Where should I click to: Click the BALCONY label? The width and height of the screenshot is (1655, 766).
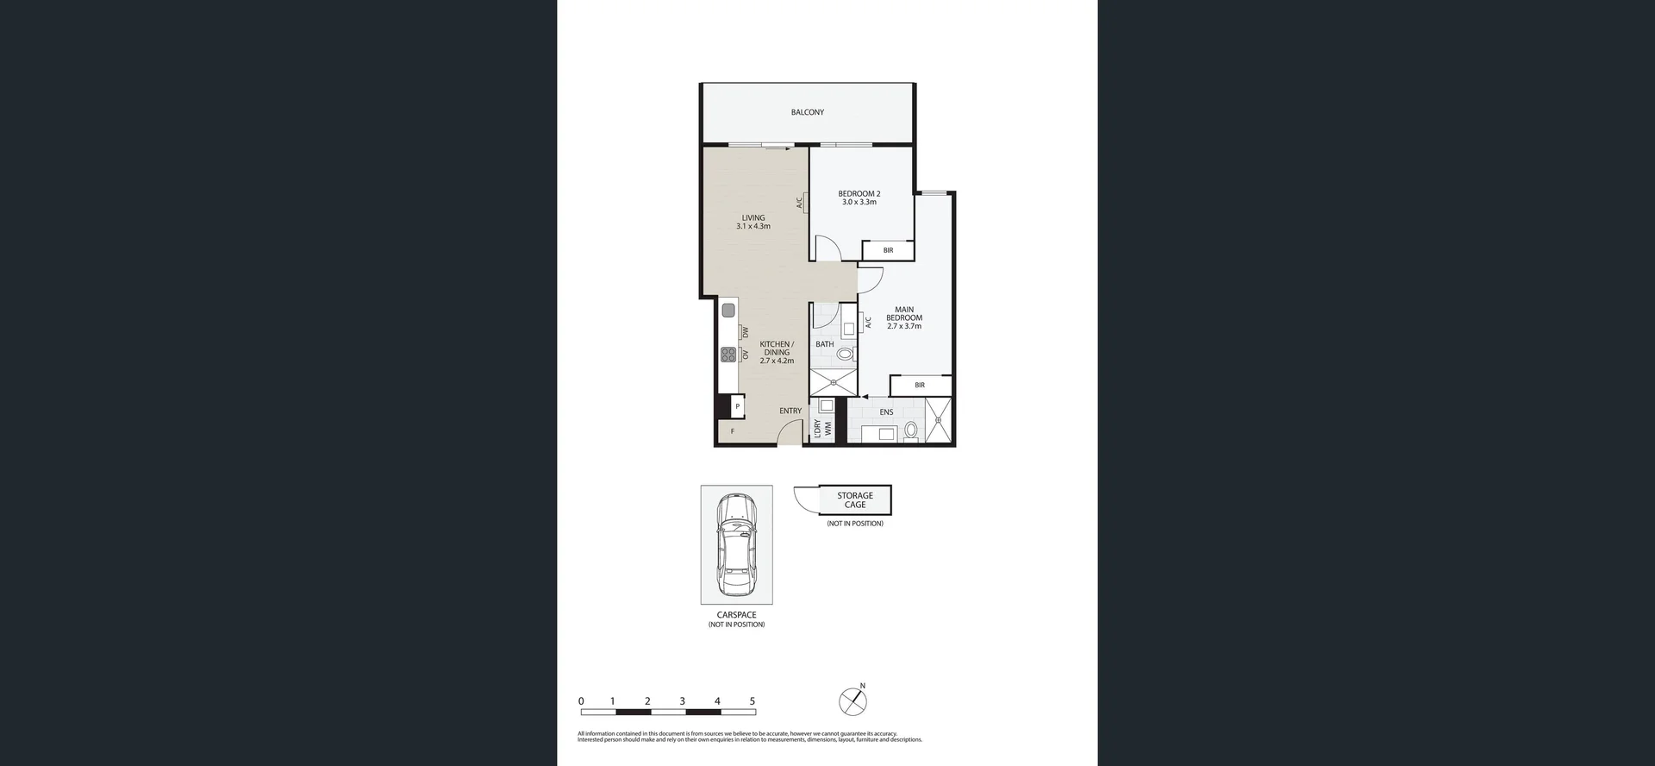807,112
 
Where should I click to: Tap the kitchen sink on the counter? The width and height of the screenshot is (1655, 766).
728,310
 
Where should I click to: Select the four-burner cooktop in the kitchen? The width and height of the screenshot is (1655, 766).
728,354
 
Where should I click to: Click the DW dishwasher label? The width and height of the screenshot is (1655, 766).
746,332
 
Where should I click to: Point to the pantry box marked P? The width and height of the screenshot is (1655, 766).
737,405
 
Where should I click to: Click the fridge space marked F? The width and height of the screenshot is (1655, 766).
732,431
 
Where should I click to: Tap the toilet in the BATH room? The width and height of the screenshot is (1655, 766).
845,354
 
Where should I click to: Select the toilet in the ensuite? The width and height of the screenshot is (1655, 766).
911,429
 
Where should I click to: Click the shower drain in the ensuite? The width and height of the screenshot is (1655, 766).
939,420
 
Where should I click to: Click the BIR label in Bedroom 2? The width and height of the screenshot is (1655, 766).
888,250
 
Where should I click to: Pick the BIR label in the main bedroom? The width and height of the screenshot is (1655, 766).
920,385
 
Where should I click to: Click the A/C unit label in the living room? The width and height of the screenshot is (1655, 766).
800,203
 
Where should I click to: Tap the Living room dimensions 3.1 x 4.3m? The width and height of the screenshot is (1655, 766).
753,226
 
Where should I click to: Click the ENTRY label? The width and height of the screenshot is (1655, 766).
790,411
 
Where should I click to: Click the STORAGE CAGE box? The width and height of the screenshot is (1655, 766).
854,499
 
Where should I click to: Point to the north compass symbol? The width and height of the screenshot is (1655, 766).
852,700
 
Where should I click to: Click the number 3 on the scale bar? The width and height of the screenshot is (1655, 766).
682,701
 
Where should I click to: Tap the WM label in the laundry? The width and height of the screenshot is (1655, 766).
827,427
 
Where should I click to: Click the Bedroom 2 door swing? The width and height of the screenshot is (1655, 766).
827,248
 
